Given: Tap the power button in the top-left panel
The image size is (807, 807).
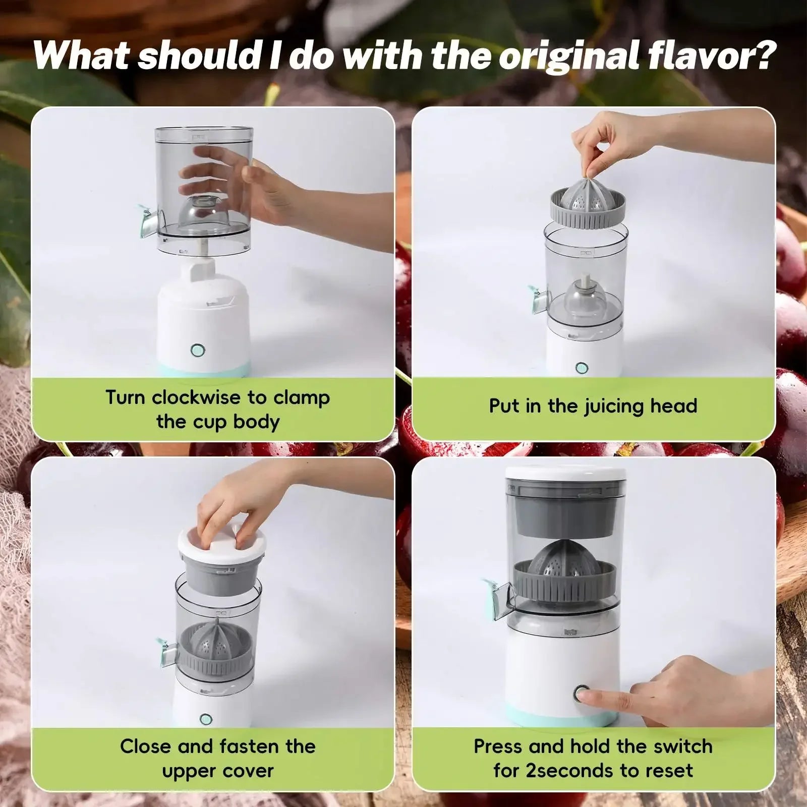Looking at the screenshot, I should pos(197,350).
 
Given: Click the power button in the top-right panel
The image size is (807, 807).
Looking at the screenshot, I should pos(581,368).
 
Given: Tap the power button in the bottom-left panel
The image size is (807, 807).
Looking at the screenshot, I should pos(205,719).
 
